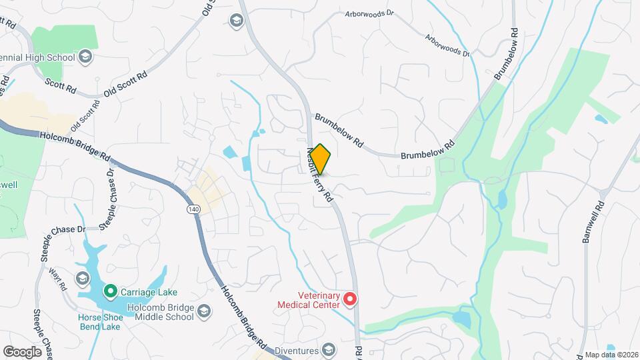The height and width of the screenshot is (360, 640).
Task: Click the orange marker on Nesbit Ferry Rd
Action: coord(320,159)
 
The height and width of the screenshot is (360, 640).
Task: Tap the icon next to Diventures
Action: coord(328,349)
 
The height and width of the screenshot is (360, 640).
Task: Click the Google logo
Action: coord(23,351)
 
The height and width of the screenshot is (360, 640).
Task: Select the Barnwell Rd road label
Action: coord(593,223)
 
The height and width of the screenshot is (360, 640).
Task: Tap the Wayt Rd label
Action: coord(59,278)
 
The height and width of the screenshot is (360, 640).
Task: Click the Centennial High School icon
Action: coord(85,57)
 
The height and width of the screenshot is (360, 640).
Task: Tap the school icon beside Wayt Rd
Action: coord(83,277)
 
